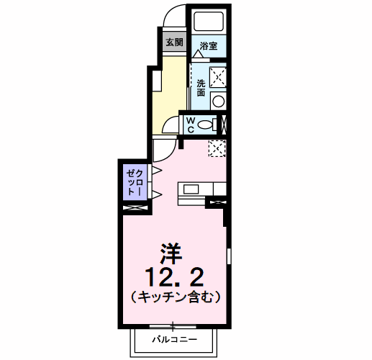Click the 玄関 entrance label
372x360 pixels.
(x=174, y=42)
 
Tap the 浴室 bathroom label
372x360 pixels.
(x=209, y=45)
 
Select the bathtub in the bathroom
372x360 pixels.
(x=209, y=21)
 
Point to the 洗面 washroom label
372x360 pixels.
(x=201, y=87)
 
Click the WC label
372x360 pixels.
(x=190, y=125)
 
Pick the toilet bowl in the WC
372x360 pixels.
(x=207, y=125)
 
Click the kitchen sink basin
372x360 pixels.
(x=192, y=189)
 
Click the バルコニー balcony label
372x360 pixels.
(x=173, y=338)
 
